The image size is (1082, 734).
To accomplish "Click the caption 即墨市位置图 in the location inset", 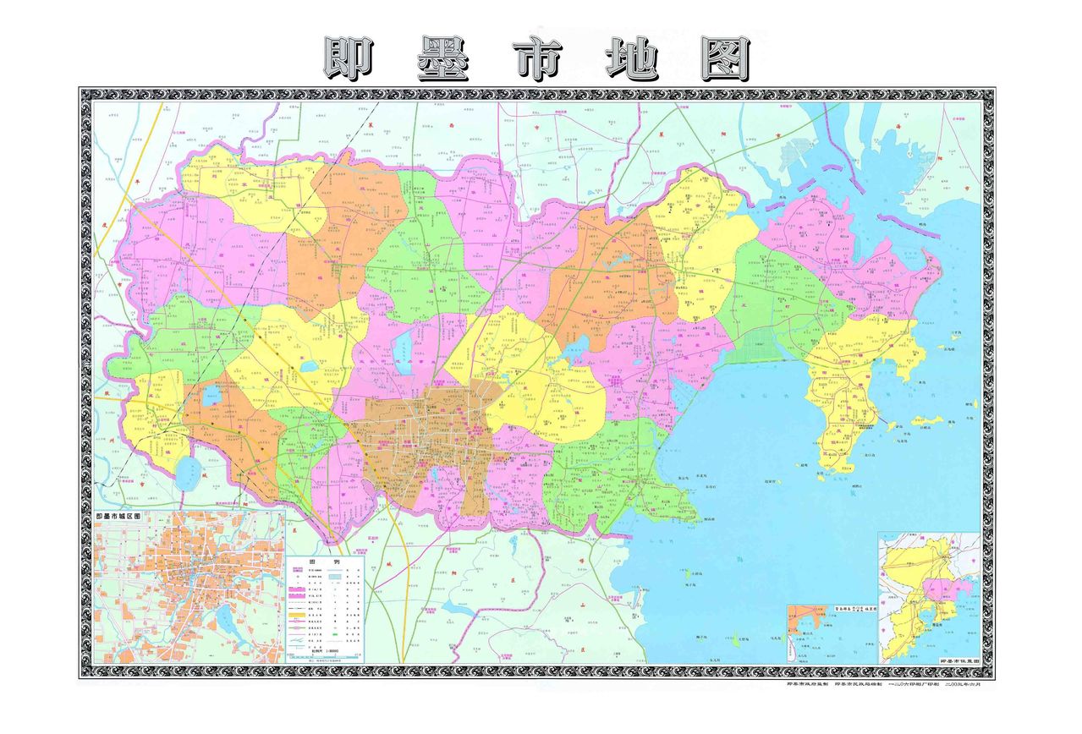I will [958, 660].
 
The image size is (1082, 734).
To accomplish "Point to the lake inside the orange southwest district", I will [211, 393].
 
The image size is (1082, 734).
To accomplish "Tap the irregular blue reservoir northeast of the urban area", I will [579, 346].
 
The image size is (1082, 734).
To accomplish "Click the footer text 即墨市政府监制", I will [807, 683].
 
